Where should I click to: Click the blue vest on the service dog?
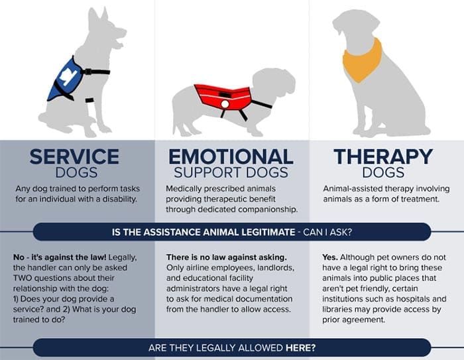click(x=65, y=78)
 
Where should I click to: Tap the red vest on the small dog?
click(x=222, y=97)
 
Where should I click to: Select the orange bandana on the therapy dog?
click(x=362, y=60)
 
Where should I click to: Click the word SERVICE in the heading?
click(x=74, y=156)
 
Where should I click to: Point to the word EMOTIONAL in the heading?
click(x=231, y=156)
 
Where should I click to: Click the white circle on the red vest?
click(x=225, y=104)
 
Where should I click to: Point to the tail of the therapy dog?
click(x=422, y=130)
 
